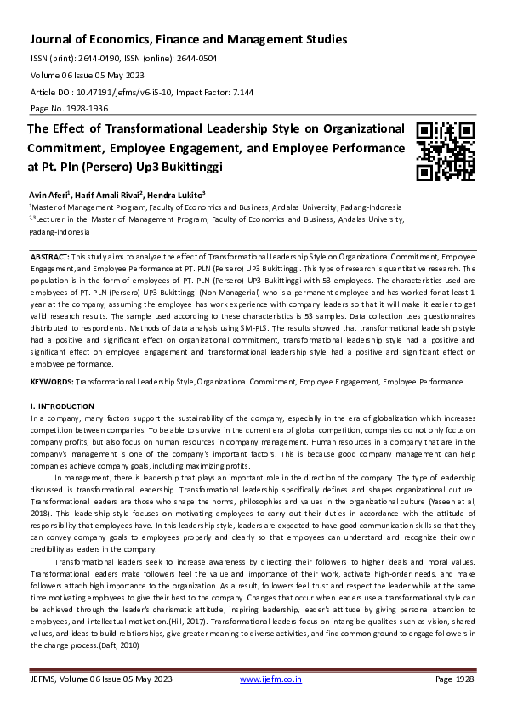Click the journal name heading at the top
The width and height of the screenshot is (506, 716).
(189, 39)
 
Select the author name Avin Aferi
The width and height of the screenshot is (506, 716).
(50, 194)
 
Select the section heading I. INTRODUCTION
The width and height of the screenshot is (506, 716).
(62, 407)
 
